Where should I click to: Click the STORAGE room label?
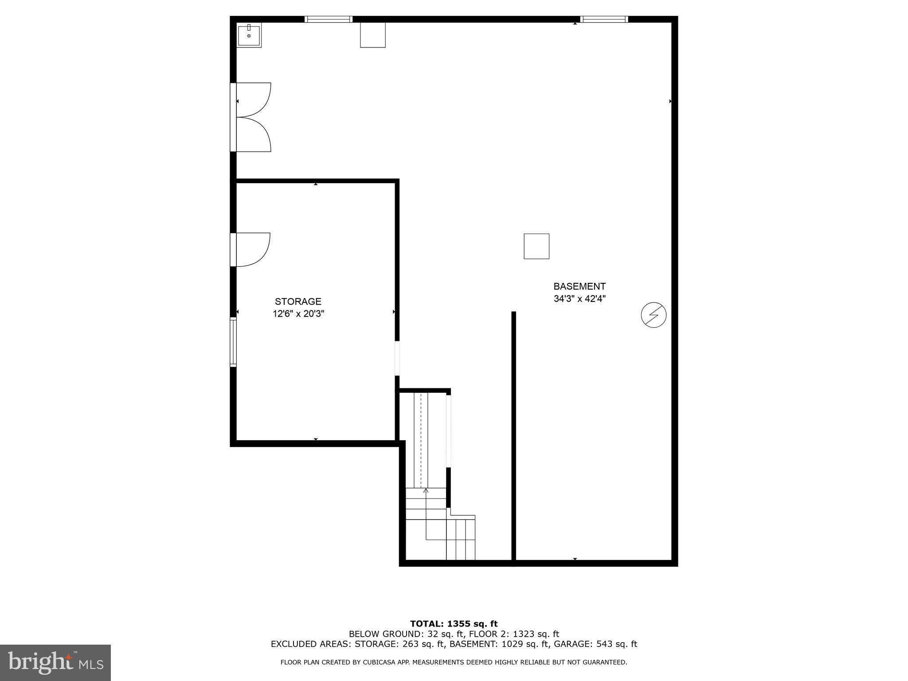[x=298, y=301]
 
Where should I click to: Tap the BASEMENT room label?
[x=579, y=286]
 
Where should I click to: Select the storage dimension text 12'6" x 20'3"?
[x=298, y=314]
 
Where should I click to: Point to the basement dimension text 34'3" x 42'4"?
[x=579, y=299]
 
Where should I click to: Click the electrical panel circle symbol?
[x=654, y=315]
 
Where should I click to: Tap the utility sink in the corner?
[x=249, y=35]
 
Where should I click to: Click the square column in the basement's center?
[x=536, y=246]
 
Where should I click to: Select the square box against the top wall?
[x=372, y=35]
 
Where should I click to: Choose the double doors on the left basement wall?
[x=252, y=117]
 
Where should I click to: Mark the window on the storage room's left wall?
[x=233, y=342]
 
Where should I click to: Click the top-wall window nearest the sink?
[x=329, y=19]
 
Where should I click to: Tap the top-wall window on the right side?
[x=604, y=19]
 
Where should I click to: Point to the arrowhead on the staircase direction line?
[x=426, y=490]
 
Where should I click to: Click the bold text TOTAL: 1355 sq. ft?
[x=454, y=624]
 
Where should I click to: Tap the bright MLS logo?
[x=55, y=663]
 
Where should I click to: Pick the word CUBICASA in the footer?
[x=380, y=662]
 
